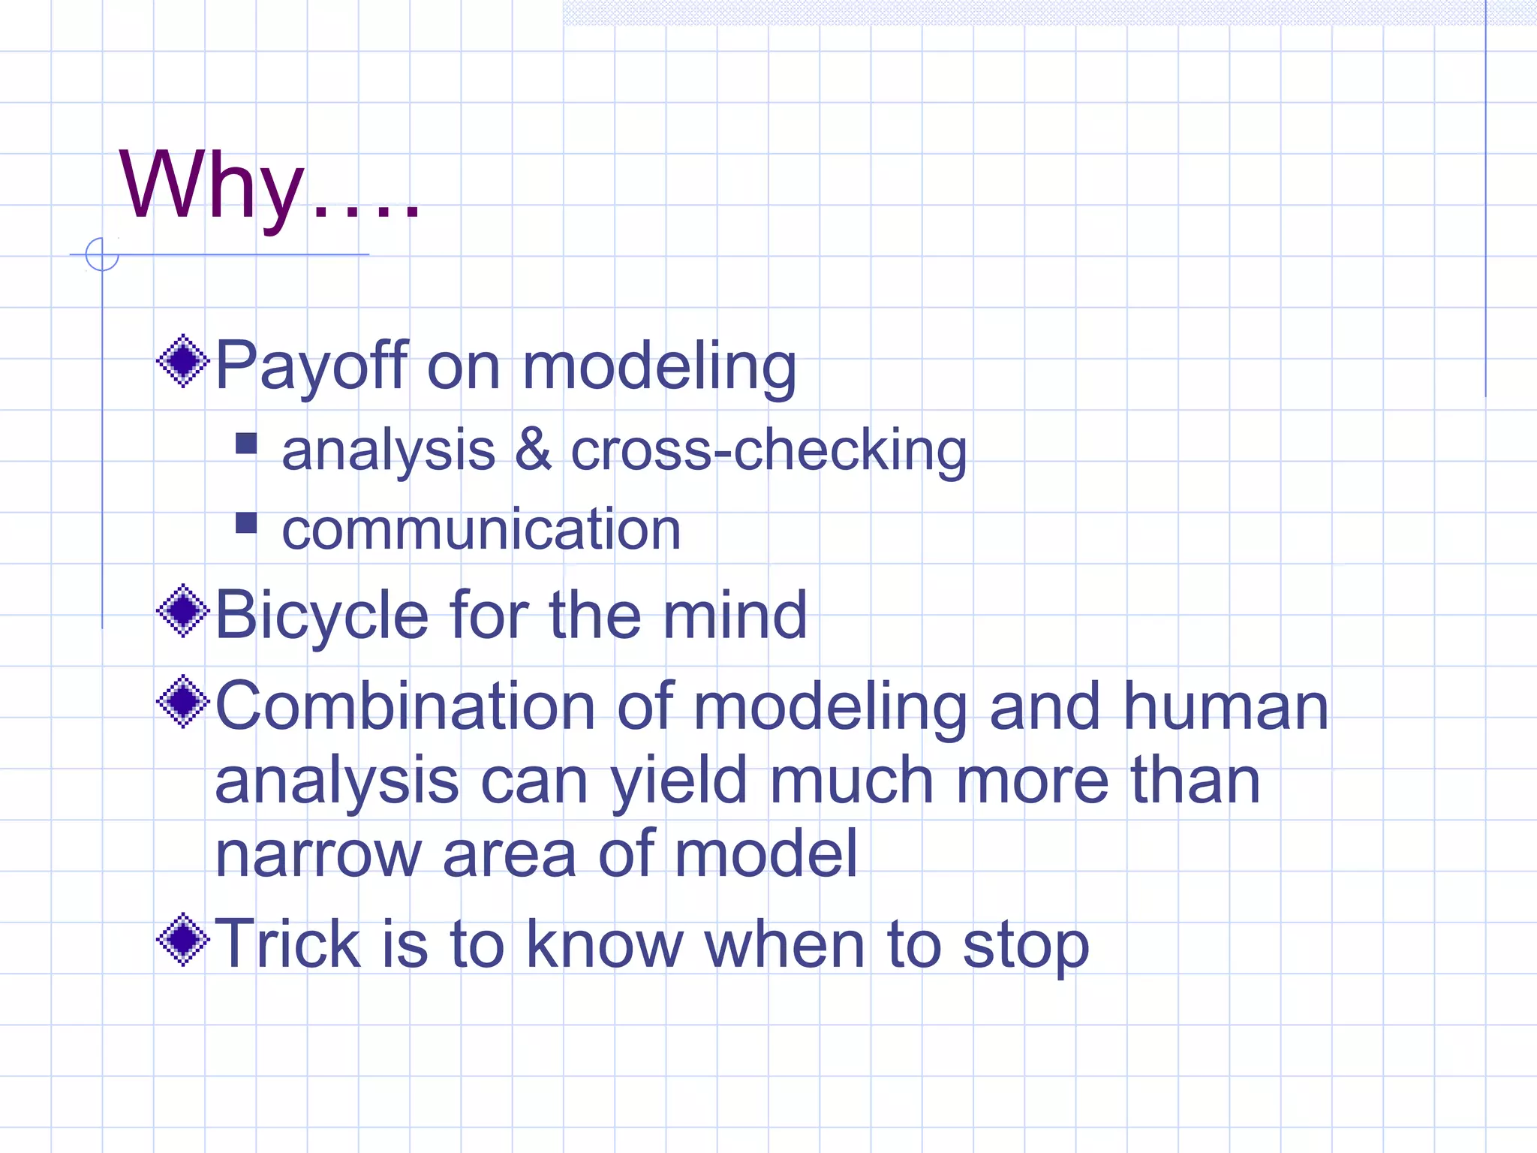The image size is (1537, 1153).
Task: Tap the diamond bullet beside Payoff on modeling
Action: tap(182, 362)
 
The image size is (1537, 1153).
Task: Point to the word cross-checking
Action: tap(768, 450)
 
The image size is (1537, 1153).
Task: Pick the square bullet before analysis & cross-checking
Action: tap(246, 444)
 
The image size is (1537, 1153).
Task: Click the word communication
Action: tap(481, 529)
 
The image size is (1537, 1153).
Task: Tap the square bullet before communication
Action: tap(246, 522)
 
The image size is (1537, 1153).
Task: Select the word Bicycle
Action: tap(322, 616)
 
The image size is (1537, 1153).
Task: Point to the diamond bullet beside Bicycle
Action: tap(182, 611)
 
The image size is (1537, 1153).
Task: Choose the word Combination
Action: tap(405, 706)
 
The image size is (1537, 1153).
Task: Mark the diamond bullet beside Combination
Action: tap(182, 702)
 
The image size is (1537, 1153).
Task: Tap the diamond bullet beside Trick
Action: tap(182, 940)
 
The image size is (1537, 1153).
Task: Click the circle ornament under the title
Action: tap(102, 254)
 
